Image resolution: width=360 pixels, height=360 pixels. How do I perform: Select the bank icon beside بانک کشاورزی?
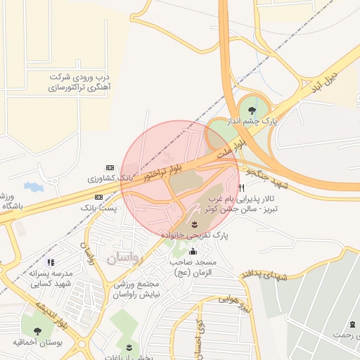109,167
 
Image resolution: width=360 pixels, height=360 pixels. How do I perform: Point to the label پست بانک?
97,209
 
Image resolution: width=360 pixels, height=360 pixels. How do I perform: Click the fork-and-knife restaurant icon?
242,188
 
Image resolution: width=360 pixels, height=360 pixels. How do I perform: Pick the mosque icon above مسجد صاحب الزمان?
193,250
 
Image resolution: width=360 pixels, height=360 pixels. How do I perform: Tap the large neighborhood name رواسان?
124,259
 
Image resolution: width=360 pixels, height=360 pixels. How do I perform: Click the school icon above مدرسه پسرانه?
51,262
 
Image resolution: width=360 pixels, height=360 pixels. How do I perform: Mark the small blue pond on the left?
33,187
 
